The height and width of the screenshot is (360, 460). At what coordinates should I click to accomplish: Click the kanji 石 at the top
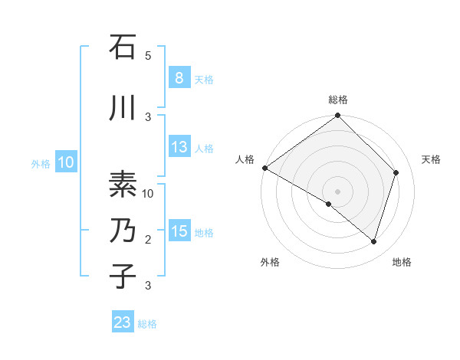123,47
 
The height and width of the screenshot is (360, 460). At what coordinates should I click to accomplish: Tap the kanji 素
123,185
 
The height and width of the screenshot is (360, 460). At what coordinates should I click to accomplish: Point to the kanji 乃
123,231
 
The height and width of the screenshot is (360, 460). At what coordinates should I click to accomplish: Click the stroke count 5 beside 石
148,56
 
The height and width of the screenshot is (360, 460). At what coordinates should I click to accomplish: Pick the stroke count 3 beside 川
148,116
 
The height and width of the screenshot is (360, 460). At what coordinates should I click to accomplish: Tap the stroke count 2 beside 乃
148,240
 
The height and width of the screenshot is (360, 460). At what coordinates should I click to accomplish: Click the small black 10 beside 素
148,194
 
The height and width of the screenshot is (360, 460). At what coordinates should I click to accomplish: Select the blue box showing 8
179,78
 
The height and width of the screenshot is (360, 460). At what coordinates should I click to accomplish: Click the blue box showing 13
179,147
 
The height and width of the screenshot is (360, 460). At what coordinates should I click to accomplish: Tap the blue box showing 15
179,231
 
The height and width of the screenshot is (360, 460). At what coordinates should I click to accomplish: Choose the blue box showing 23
123,322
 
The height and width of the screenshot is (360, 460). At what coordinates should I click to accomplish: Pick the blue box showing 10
65,162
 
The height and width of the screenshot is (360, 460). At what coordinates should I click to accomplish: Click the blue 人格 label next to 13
204,148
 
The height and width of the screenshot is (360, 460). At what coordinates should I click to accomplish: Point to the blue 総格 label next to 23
147,323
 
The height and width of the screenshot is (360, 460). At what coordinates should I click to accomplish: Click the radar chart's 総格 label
338,100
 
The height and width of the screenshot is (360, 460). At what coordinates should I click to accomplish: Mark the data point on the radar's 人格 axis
264,168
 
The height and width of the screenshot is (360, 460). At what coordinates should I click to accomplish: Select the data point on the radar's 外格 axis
329,205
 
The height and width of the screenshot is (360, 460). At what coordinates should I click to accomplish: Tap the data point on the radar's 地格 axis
374,241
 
